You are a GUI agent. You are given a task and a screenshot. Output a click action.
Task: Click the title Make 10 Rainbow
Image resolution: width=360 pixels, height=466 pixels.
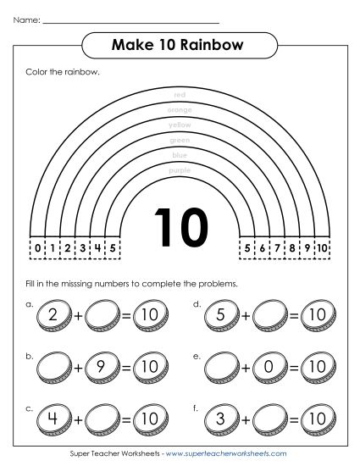[x=179, y=44]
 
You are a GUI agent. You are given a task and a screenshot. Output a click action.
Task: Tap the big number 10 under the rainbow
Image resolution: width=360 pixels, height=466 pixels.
[x=180, y=227]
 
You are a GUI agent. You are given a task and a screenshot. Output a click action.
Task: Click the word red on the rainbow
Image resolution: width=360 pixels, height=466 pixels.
[x=179, y=94]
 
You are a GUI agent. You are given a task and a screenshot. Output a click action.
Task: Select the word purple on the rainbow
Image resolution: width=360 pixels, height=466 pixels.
[x=180, y=170]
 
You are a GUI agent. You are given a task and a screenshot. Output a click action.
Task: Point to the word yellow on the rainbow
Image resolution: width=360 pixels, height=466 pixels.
[x=180, y=125]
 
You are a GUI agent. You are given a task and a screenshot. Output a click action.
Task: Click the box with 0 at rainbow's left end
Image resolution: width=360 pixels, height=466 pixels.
[x=37, y=248]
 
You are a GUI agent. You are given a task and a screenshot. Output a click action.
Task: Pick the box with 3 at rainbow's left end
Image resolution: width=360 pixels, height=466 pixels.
[x=83, y=248]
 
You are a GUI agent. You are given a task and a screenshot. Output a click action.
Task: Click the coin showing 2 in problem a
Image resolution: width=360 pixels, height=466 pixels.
[x=55, y=315]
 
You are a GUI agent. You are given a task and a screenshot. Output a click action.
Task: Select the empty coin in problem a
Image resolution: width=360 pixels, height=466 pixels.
[x=106, y=315]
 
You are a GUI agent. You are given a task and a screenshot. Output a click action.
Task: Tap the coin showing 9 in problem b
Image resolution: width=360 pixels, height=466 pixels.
[x=106, y=368]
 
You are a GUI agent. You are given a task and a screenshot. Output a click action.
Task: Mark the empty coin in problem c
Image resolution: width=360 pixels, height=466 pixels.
[x=106, y=419]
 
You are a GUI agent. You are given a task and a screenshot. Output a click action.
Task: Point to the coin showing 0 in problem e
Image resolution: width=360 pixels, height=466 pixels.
[x=273, y=368]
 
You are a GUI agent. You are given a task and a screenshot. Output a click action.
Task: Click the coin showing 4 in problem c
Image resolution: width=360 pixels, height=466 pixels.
[x=55, y=419]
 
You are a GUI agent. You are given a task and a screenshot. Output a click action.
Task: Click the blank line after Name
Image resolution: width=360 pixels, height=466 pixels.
[x=131, y=19]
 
